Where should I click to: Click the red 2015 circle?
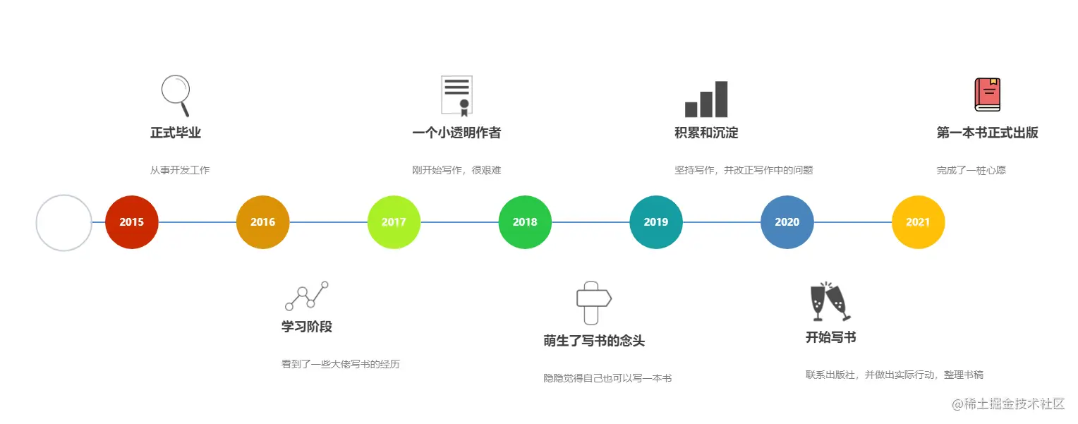pos(131,222)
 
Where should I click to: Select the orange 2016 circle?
pos(262,222)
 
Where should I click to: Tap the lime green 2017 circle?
pos(394,222)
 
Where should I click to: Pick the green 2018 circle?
pos(525,222)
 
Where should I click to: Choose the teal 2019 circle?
pos(656,222)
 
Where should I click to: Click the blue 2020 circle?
pos(787,222)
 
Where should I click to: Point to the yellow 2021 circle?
pos(919,222)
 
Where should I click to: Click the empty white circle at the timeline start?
pos(37,223)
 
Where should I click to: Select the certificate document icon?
pos(456,96)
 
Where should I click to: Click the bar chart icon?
pos(706,99)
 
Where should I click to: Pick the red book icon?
pos(988,95)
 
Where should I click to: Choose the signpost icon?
pos(593,303)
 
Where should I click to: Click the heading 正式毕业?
pos(176,133)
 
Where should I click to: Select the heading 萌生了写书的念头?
pos(594,341)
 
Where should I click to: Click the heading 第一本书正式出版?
pos(988,133)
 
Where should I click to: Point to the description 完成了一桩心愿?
pos(971,170)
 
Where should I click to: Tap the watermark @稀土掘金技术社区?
pos(1008,404)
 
